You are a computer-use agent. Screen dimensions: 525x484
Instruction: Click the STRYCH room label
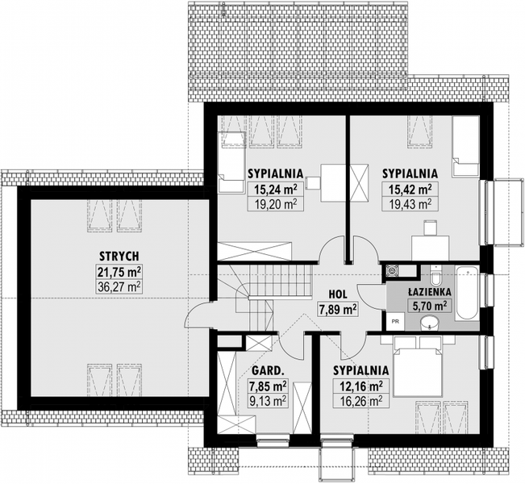[119, 257]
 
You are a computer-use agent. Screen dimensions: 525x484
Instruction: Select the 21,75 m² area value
[119, 272]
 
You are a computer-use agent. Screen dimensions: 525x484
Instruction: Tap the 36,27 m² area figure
[119, 286]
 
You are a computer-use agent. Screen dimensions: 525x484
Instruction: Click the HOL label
[337, 294]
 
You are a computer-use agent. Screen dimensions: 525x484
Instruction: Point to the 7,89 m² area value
[337, 309]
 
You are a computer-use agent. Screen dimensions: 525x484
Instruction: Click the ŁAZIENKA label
[430, 292]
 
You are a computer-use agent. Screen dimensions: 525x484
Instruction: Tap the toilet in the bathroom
[436, 274]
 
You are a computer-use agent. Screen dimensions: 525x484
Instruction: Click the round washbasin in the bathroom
[429, 323]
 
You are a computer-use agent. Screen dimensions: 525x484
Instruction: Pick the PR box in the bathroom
[395, 322]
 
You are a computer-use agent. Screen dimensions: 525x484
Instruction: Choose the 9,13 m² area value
[268, 400]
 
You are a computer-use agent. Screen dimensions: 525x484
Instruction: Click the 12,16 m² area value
[361, 386]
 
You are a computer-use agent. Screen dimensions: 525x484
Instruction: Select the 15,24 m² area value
[276, 190]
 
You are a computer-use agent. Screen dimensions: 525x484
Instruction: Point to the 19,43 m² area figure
[410, 203]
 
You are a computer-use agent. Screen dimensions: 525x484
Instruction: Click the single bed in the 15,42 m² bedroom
[465, 147]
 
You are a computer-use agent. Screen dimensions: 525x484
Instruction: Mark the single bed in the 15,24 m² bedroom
[231, 162]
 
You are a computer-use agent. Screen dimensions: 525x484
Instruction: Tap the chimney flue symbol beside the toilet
[391, 271]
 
